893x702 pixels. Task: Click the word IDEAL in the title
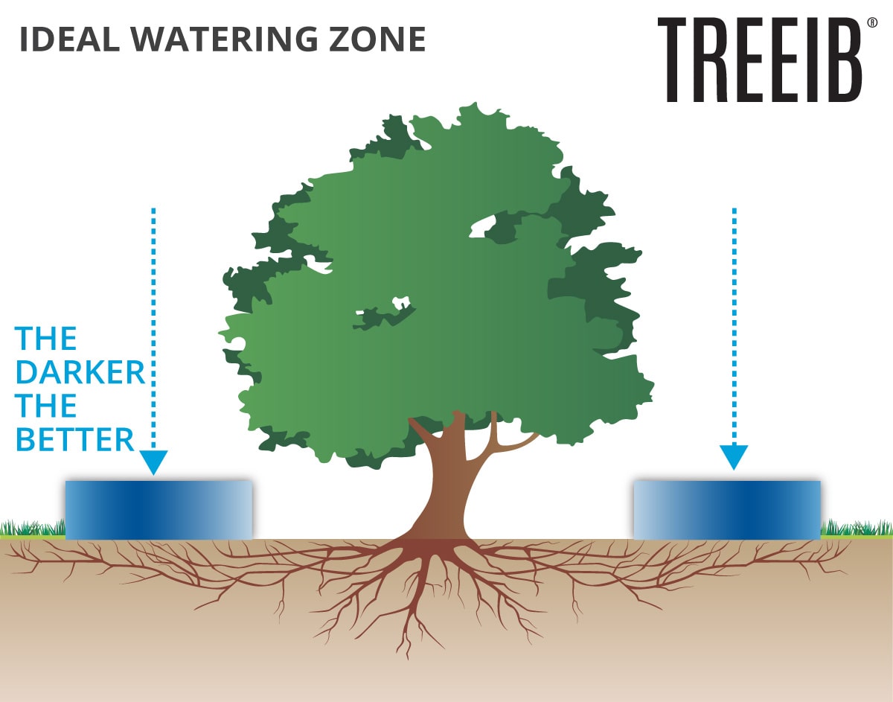coord(69,39)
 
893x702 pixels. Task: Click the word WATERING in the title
coord(224,39)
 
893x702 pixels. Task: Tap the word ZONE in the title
coord(377,39)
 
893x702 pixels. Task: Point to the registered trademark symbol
coord(872,22)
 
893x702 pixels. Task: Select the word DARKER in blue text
coord(80,372)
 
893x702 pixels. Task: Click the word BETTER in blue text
coord(75,440)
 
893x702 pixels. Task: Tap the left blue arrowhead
coord(153,462)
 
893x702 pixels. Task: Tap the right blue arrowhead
coord(734,457)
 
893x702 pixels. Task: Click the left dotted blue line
coord(153,328)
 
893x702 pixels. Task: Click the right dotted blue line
coord(734,325)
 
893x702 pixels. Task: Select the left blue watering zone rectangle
coord(159,510)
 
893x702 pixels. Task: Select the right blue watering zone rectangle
coord(727,510)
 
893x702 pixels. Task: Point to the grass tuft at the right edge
coord(857,528)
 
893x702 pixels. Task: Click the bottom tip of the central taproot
coord(408,658)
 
